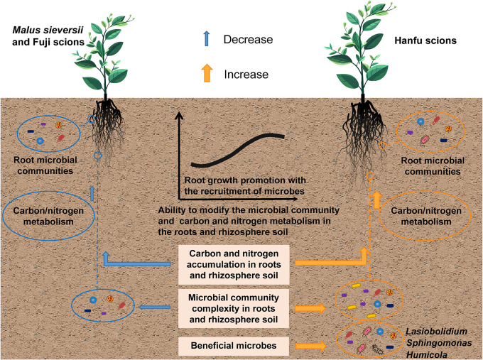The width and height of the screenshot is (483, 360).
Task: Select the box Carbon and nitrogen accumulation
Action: click(233, 262)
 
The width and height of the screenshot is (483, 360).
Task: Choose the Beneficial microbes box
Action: click(233, 346)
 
